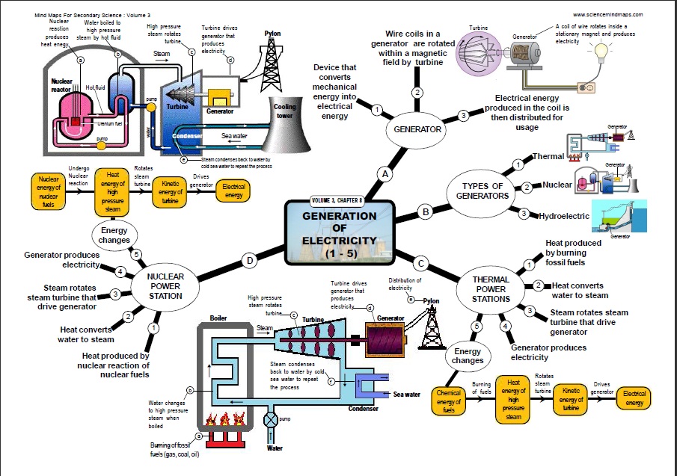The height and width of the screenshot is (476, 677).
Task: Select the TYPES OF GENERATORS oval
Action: click(x=483, y=190)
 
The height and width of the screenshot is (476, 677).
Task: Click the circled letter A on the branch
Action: click(x=386, y=174)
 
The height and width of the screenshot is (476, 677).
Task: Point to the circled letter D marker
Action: click(x=249, y=261)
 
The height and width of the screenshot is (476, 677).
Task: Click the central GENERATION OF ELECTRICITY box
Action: click(x=340, y=233)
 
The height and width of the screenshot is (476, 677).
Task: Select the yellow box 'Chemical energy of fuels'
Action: click(x=450, y=401)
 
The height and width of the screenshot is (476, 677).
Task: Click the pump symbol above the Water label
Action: click(x=270, y=419)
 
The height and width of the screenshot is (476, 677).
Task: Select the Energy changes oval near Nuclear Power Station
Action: click(x=114, y=235)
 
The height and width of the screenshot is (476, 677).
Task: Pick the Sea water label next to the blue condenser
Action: click(x=407, y=394)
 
